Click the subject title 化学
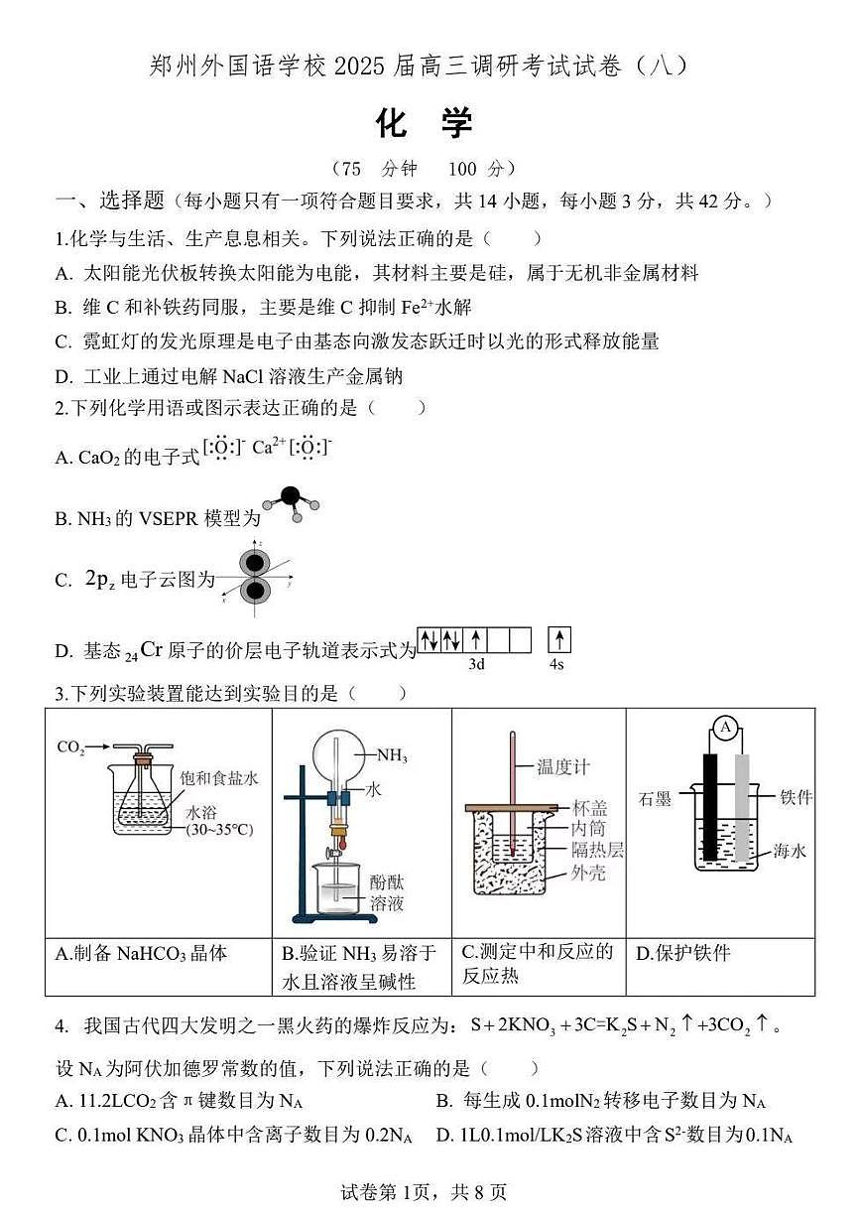tap(426, 124)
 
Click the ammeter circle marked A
tap(725, 729)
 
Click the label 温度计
tap(563, 766)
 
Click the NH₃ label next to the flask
tap(392, 755)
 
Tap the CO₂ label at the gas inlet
tap(70, 747)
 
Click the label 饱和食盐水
tap(222, 778)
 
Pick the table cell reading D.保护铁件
tap(683, 953)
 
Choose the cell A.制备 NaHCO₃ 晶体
tap(142, 953)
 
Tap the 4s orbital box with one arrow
tap(559, 640)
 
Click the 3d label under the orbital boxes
tap(476, 664)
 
